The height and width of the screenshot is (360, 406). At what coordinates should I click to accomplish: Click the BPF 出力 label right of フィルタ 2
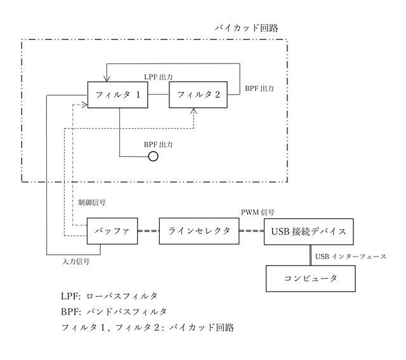pos(259,89)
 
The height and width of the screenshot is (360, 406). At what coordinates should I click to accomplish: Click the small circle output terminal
pos(153,156)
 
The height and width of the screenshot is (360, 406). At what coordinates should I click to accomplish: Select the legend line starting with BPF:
pos(114,312)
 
